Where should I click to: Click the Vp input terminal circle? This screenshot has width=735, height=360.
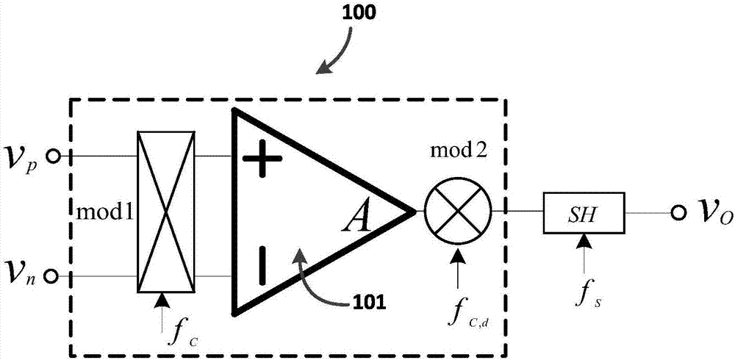[51, 156]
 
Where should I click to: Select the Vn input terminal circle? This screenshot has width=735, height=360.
[51, 276]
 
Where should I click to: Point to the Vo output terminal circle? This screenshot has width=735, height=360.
[675, 213]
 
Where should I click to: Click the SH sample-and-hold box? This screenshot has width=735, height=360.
[584, 213]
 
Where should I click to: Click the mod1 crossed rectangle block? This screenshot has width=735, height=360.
[168, 212]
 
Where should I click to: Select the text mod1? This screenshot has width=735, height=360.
[105, 214]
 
